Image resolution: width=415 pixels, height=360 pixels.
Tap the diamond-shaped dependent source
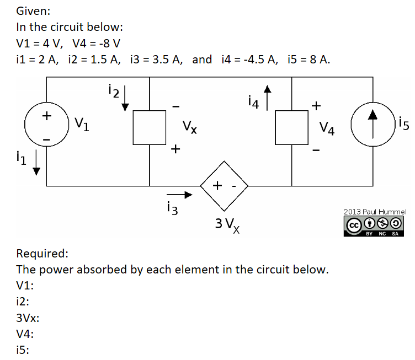tap(224, 186)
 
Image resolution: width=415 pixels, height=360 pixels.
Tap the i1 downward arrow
tap(37, 165)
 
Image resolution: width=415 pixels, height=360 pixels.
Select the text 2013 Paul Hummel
tap(374, 211)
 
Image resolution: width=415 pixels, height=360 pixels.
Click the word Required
tap(42, 254)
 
